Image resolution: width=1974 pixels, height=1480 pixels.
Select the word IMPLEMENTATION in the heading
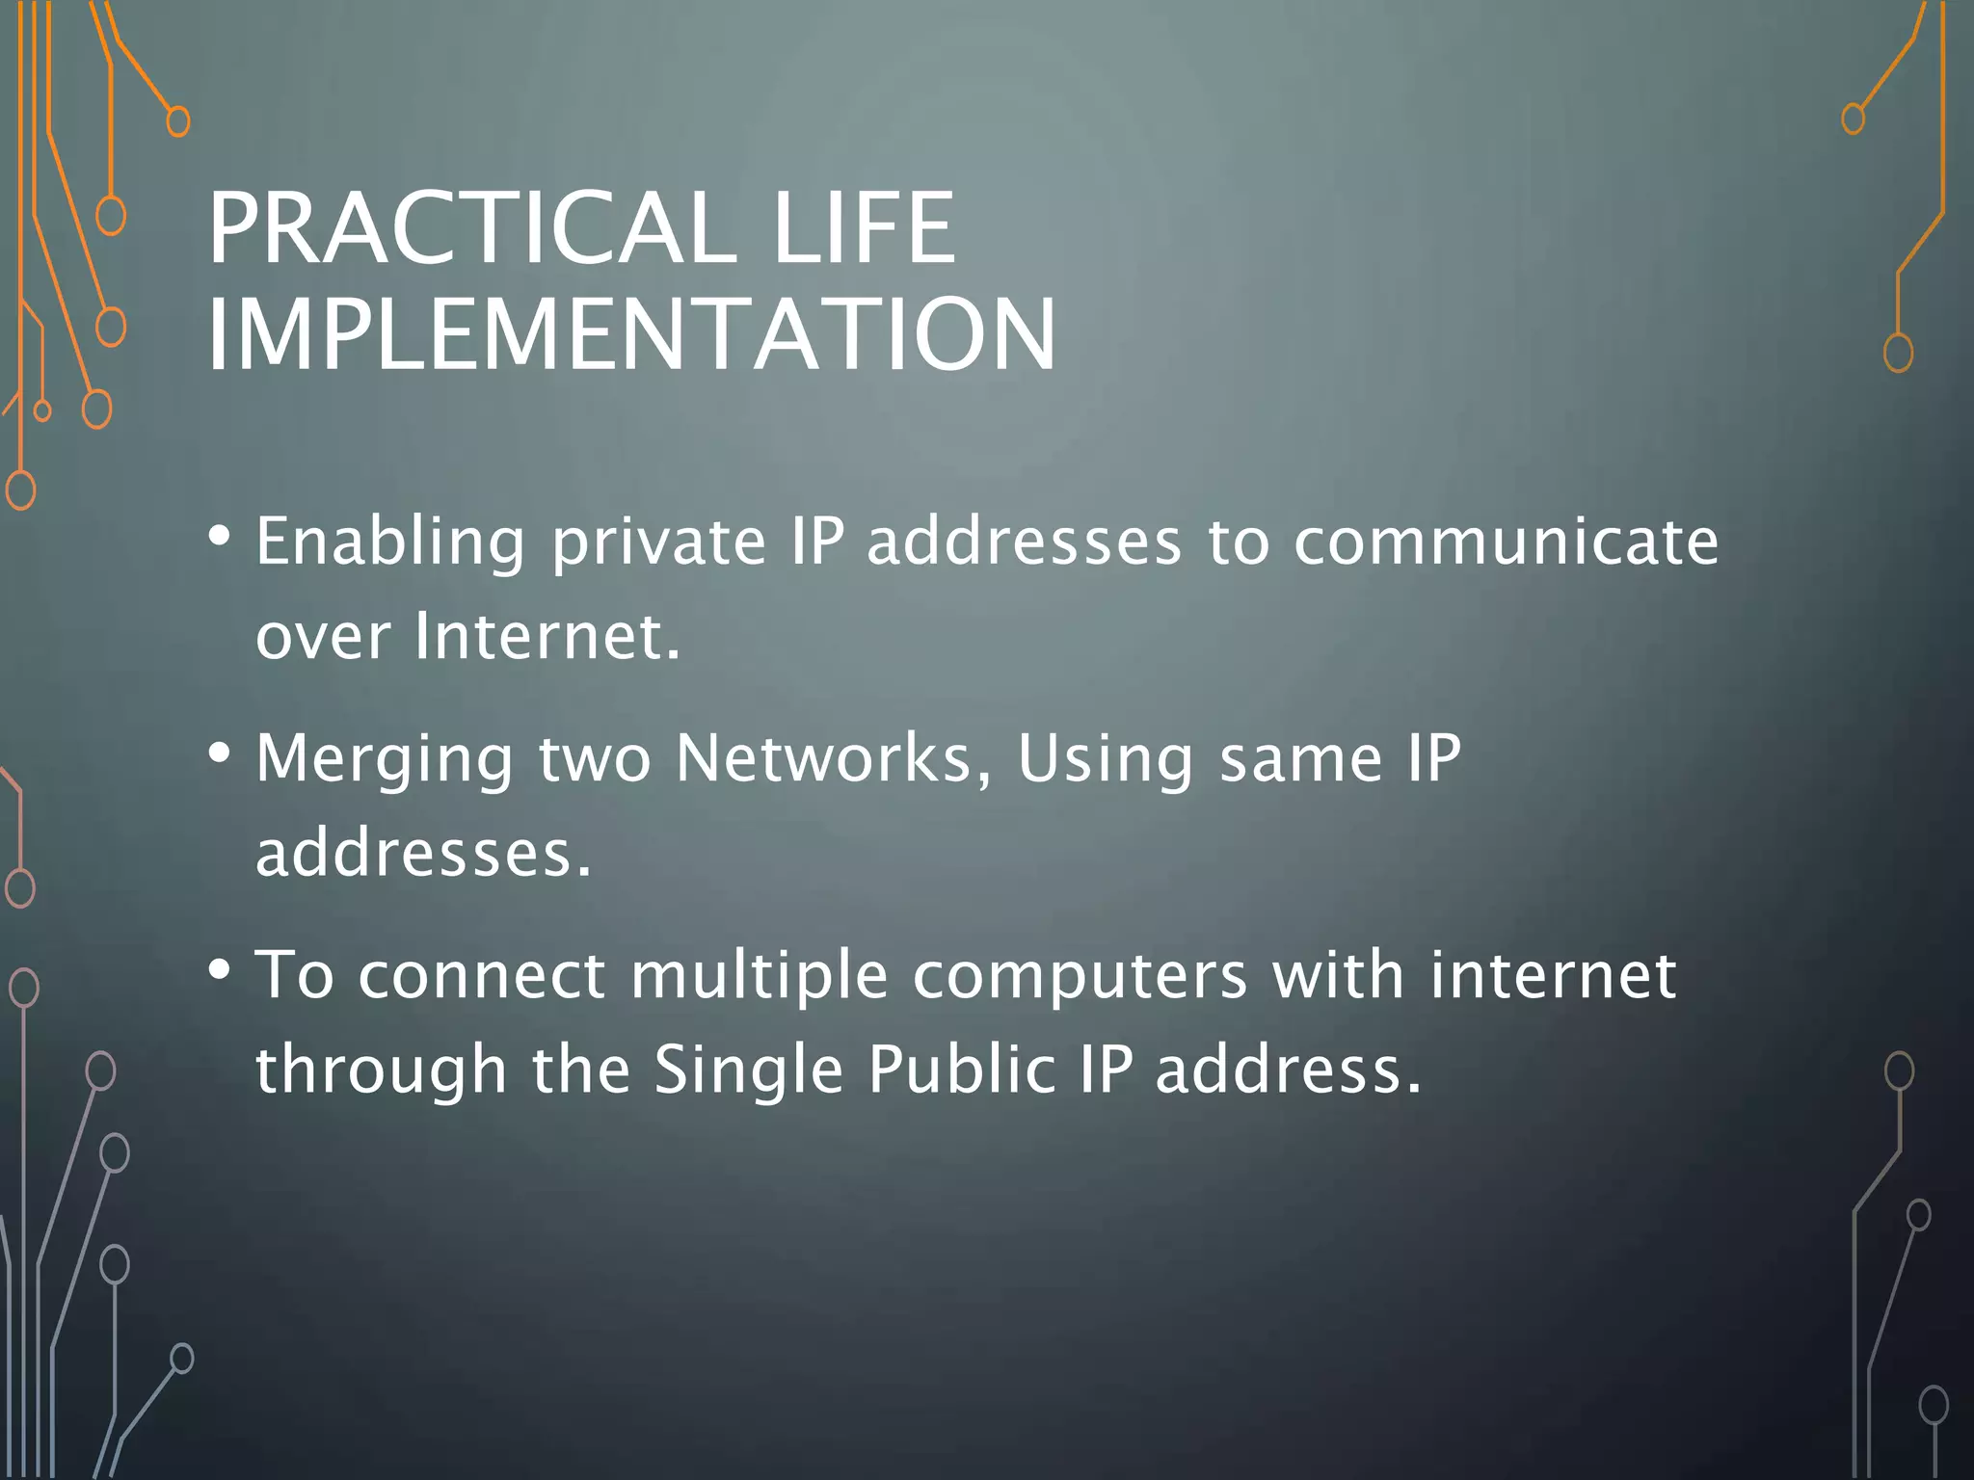coord(631,334)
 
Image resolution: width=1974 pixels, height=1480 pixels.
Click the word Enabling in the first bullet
coord(390,542)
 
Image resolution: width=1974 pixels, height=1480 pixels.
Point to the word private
coord(659,542)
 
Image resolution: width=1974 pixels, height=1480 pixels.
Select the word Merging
coord(385,759)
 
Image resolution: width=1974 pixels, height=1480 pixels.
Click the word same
coord(1301,759)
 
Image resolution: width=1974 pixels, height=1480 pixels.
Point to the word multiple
coord(759,976)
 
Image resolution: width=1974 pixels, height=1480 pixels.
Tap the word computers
coord(1080,976)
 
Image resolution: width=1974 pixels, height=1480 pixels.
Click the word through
coord(381,1070)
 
